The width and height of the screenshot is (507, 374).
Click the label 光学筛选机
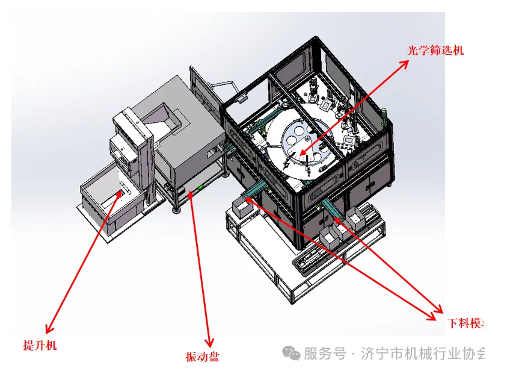pos(436,51)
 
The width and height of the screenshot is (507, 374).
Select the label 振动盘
pos(203,357)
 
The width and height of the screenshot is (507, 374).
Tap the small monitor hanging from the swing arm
pos(242,96)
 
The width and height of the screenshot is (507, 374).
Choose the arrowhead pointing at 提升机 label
pos(48,329)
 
